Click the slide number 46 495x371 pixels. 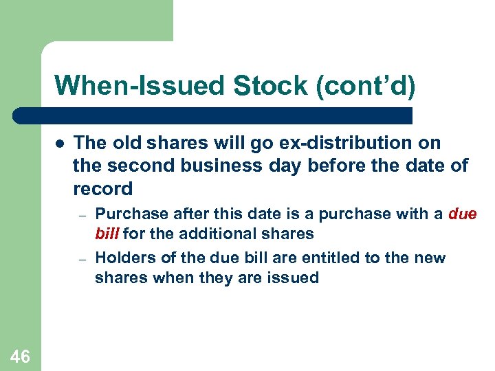[x=20, y=356]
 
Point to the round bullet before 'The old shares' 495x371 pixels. [x=60, y=144]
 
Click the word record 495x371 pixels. [x=102, y=188]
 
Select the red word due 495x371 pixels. [x=462, y=214]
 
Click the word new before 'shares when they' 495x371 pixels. [x=428, y=258]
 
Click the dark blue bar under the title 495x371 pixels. [x=213, y=115]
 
